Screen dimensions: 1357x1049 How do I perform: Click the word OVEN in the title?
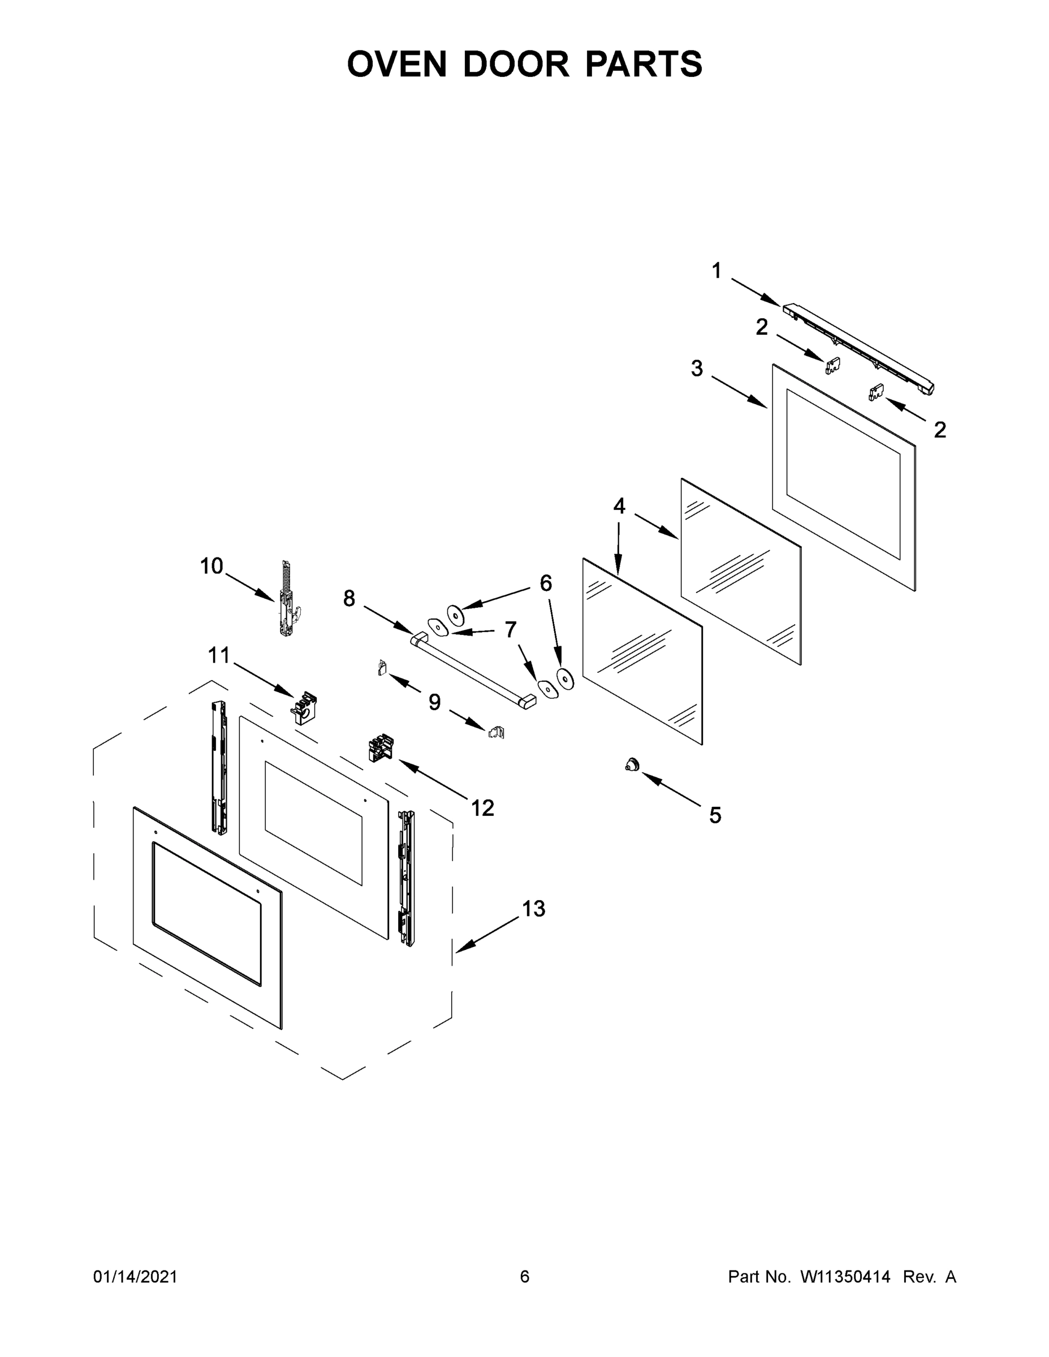396,64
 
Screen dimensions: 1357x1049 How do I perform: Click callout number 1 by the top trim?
716,271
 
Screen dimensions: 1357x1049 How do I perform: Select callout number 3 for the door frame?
697,369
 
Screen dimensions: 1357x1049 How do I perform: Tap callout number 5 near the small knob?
715,816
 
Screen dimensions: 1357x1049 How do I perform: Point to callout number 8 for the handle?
349,598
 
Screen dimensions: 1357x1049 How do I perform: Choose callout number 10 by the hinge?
211,566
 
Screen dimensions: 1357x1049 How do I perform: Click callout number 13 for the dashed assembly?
533,909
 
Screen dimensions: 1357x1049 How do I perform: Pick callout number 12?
482,808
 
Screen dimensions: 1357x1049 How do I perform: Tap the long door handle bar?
472,672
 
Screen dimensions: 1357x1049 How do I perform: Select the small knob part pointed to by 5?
632,765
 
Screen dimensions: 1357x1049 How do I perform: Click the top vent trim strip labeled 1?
858,348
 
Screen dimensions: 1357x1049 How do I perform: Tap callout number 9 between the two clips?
434,702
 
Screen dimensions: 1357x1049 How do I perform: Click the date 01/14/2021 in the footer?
136,1276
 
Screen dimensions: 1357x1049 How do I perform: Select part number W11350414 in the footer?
845,1276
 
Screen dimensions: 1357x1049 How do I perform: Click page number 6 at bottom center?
525,1276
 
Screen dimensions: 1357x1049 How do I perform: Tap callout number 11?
219,655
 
